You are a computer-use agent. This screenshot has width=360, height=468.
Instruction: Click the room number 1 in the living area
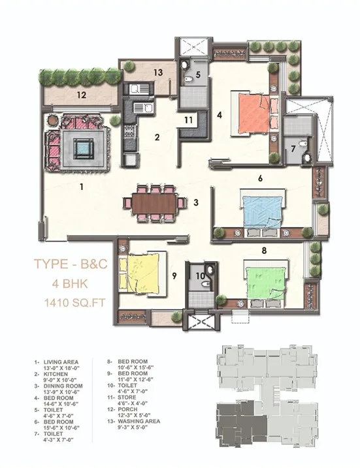[82, 187]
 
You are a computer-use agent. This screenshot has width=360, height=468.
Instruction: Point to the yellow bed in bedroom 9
[145, 272]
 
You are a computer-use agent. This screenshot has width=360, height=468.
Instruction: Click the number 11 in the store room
[188, 119]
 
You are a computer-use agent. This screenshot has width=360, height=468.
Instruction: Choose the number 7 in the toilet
[294, 149]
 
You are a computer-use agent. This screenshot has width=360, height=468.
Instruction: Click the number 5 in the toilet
[198, 74]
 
